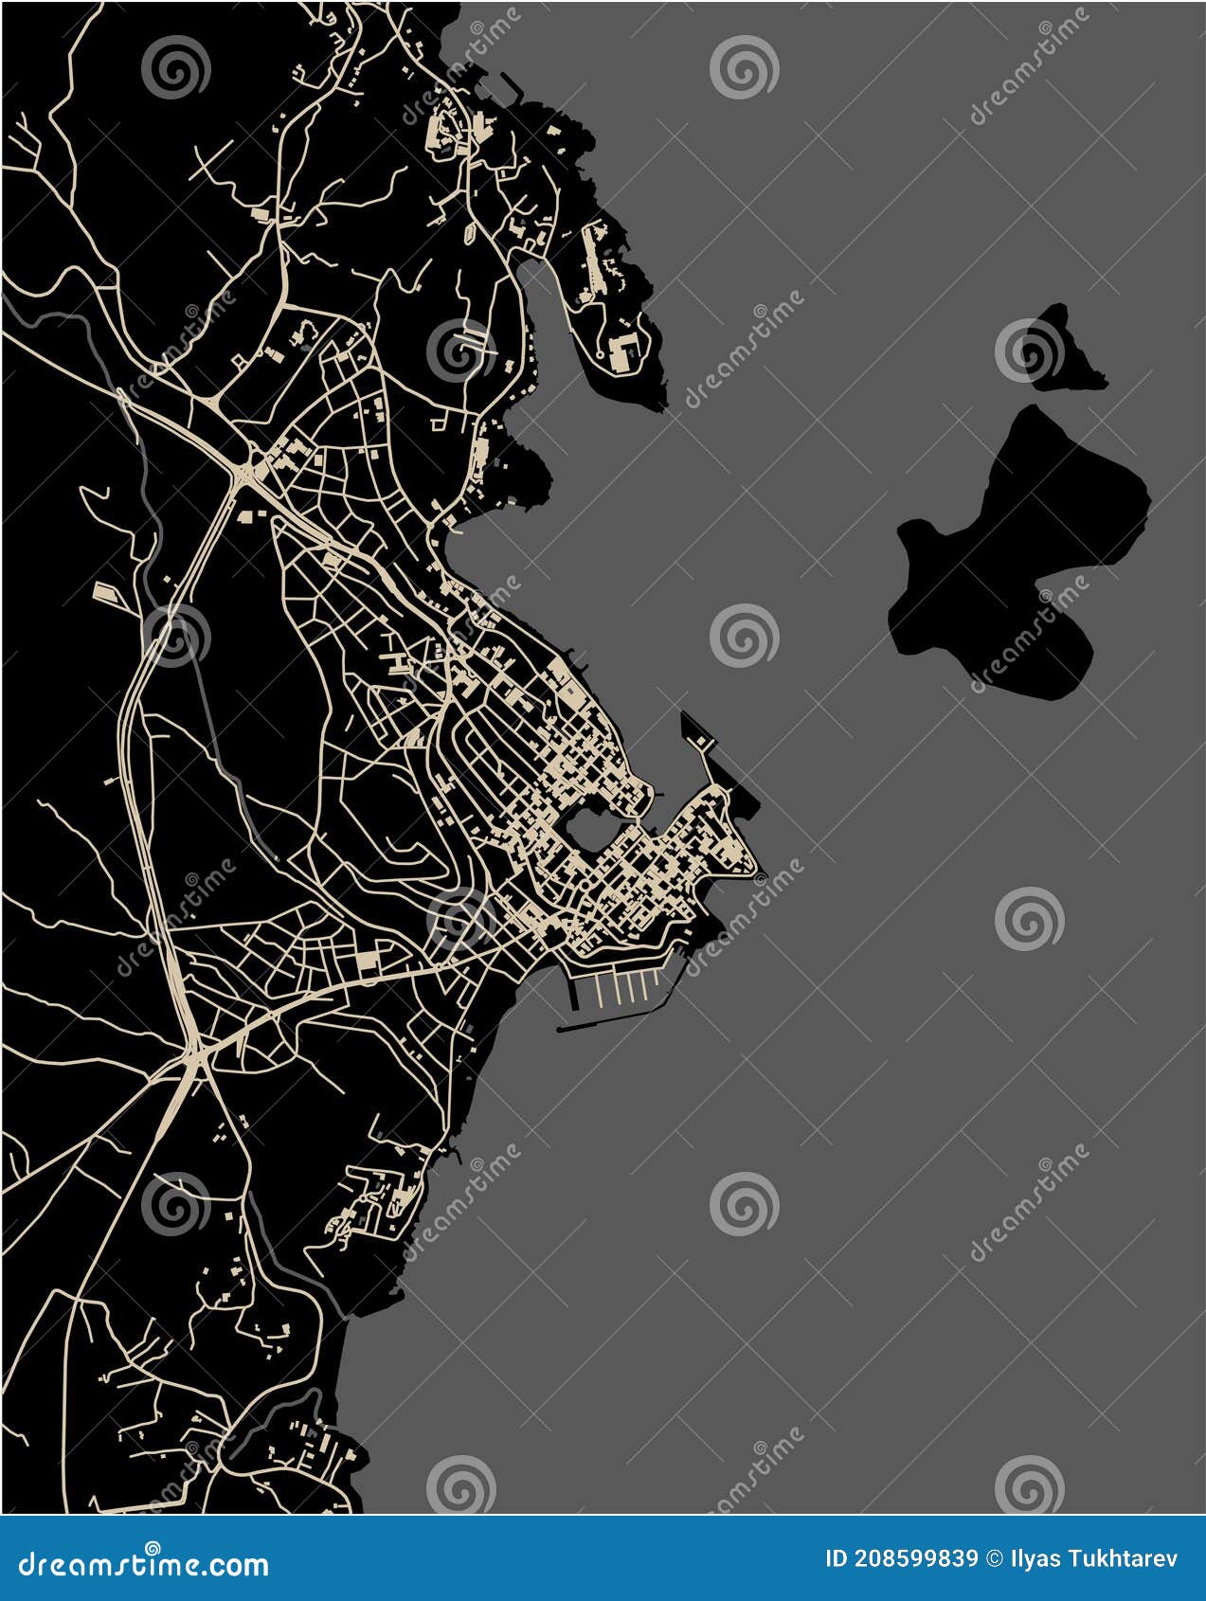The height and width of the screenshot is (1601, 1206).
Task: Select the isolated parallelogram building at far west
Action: (x=107, y=595)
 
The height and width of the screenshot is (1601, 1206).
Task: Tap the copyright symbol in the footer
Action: (x=995, y=1559)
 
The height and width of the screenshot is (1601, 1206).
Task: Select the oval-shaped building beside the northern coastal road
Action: (x=470, y=230)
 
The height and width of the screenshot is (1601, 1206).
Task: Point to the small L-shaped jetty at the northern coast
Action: (x=513, y=91)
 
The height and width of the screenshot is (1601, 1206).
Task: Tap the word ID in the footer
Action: (x=837, y=1559)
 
